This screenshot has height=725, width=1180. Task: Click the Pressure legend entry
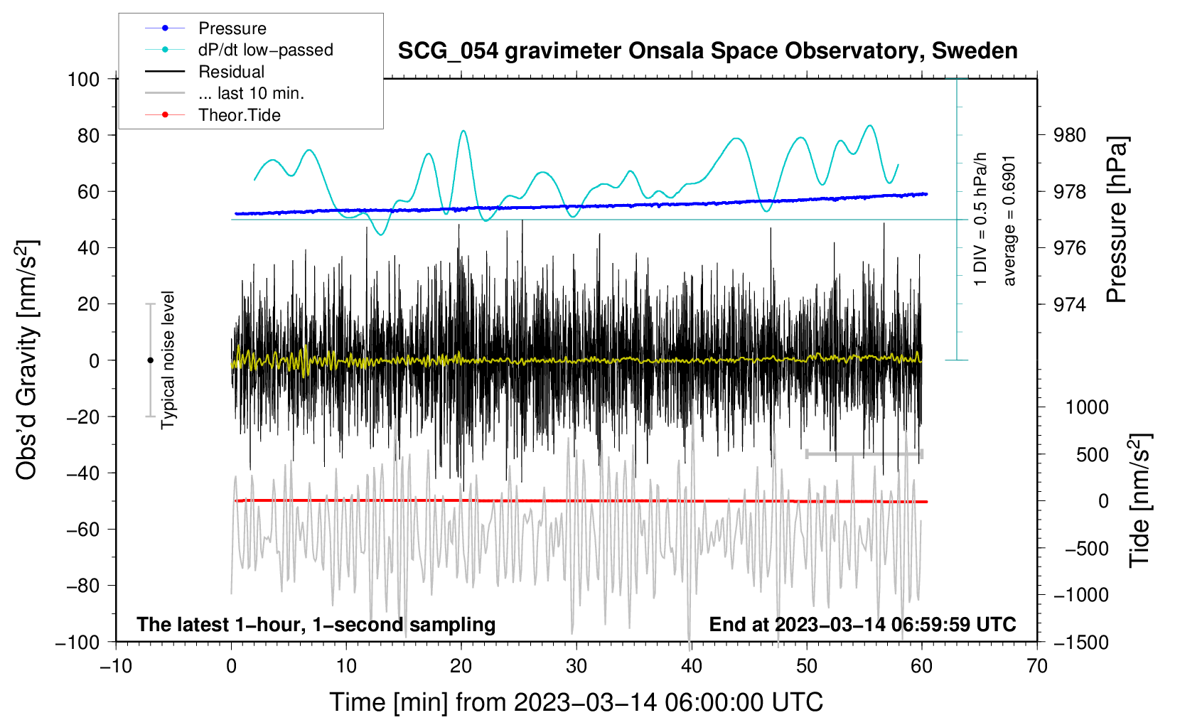pyautogui.click(x=232, y=28)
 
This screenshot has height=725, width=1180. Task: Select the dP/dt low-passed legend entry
pyautogui.click(x=265, y=50)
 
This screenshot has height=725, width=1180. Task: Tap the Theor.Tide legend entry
pyautogui.click(x=239, y=115)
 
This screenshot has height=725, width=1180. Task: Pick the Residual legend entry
pyautogui.click(x=231, y=72)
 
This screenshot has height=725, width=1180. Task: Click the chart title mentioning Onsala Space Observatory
pyautogui.click(x=707, y=51)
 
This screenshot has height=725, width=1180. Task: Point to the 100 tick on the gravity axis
pyautogui.click(x=83, y=79)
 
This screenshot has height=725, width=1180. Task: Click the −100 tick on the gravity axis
pyautogui.click(x=77, y=642)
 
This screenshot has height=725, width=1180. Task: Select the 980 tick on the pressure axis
pyautogui.click(x=1071, y=135)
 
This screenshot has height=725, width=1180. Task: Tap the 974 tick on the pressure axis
pyautogui.click(x=1071, y=304)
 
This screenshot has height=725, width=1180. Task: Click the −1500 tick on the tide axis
pyautogui.click(x=1080, y=642)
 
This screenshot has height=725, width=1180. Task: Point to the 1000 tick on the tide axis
pyautogui.click(x=1086, y=407)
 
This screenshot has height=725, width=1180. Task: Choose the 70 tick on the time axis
pyautogui.click(x=1037, y=666)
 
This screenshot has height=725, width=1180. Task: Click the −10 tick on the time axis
pyautogui.click(x=116, y=666)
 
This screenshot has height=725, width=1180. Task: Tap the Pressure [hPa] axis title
pyautogui.click(x=1117, y=220)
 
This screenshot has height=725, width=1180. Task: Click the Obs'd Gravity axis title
pyautogui.click(x=26, y=360)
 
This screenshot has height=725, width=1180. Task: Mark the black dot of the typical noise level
pyautogui.click(x=150, y=360)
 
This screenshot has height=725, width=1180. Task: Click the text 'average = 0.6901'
pyautogui.click(x=1009, y=220)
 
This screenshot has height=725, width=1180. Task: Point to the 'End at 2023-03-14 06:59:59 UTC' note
pyautogui.click(x=862, y=624)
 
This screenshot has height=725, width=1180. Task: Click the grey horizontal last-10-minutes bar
pyautogui.click(x=864, y=453)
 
